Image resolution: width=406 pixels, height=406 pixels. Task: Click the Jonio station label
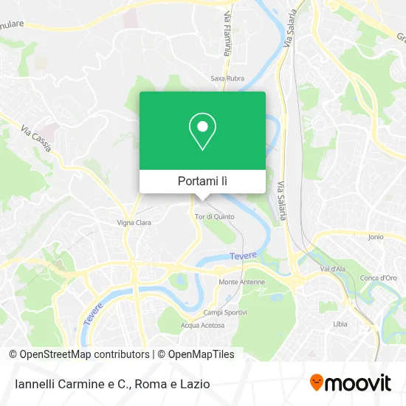(x=375, y=237)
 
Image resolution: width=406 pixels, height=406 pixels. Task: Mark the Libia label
(x=340, y=324)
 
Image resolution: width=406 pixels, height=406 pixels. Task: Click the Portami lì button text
(x=202, y=181)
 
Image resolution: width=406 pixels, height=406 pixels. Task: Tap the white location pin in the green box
(x=202, y=131)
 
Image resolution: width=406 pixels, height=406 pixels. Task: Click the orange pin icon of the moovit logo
(x=317, y=383)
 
